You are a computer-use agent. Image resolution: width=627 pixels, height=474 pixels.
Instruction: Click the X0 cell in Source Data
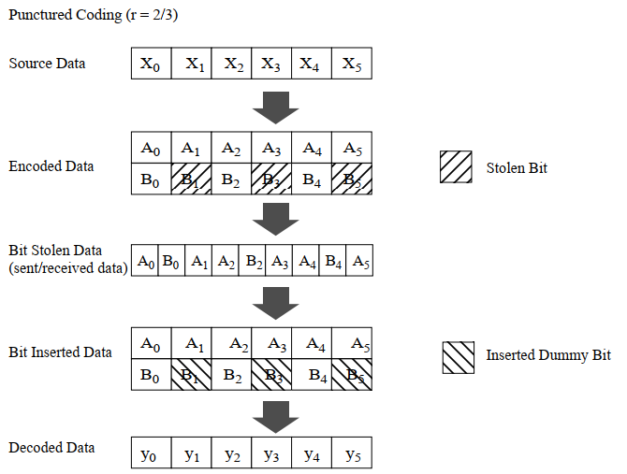tap(151, 64)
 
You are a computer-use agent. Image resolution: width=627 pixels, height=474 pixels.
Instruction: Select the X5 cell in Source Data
tap(351, 64)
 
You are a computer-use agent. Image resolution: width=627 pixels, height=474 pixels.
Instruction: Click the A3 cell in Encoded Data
tap(271, 149)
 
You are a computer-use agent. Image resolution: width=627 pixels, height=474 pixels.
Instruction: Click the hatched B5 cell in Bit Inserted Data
tap(351, 376)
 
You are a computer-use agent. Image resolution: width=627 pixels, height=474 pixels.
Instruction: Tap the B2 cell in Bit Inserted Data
tap(231, 376)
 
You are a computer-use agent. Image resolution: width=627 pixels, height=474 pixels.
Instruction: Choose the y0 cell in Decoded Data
tap(151, 454)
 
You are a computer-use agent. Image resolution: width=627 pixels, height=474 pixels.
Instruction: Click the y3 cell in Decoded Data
tap(271, 454)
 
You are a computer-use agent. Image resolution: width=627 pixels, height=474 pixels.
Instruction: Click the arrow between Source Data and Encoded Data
tap(276, 108)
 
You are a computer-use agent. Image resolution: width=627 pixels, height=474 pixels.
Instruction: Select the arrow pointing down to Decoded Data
tap(276, 414)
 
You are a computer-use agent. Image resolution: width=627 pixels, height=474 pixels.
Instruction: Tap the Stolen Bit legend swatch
tap(458, 167)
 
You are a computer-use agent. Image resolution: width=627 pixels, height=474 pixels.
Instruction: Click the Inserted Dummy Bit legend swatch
tap(458, 356)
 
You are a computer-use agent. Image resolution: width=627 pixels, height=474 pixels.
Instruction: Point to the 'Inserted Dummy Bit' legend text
tap(547, 356)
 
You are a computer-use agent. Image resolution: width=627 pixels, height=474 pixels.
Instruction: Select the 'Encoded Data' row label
tap(51, 166)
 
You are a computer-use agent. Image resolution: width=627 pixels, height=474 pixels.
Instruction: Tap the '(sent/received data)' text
tap(68, 269)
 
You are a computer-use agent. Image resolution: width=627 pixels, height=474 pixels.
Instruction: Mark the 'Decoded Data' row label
tap(51, 448)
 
